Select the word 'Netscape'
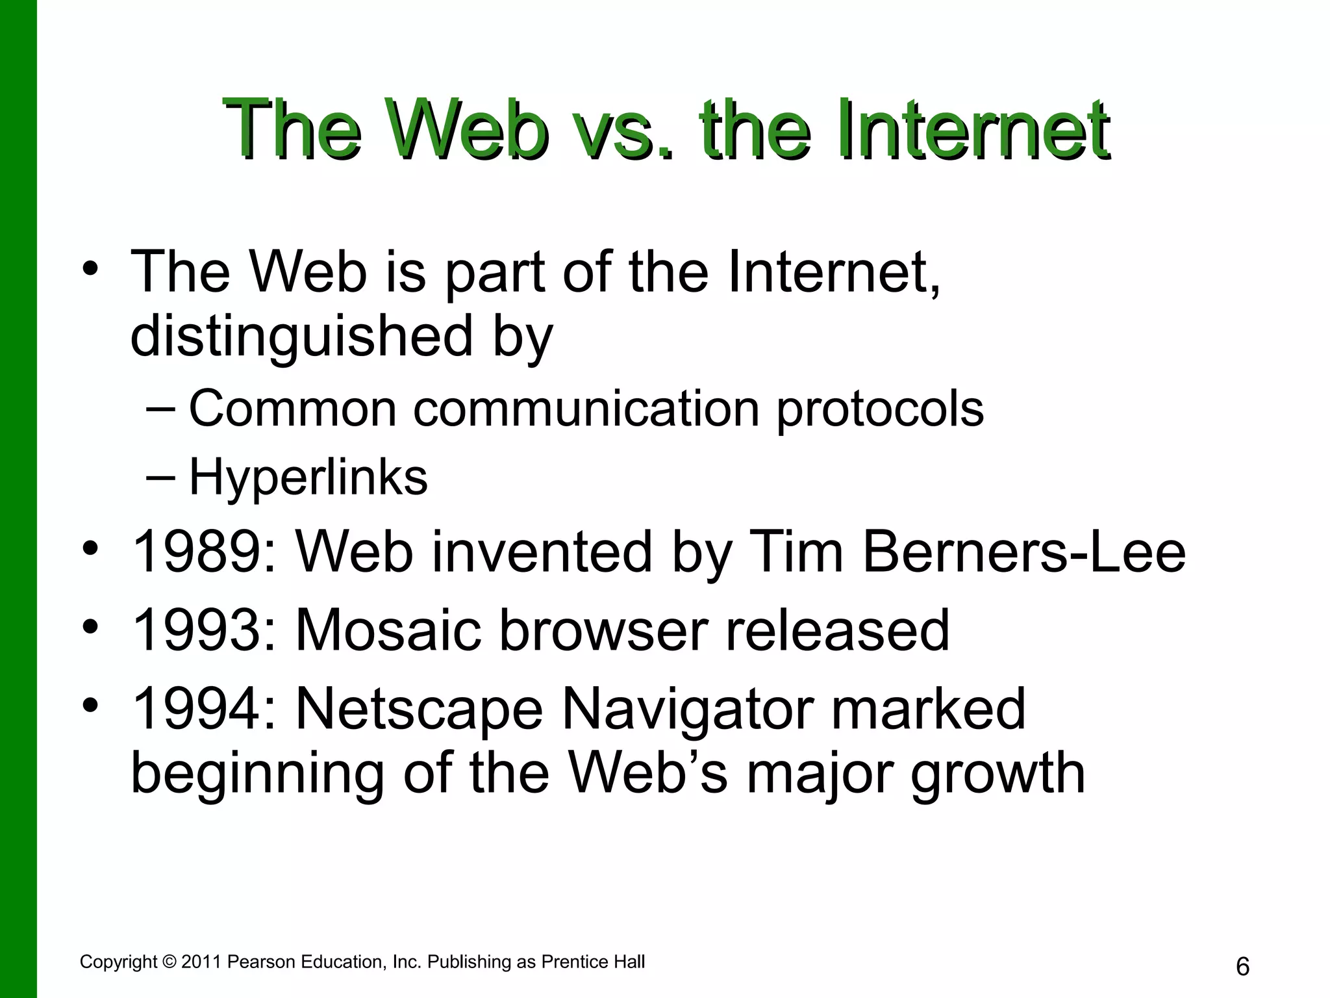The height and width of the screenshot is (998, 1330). [419, 710]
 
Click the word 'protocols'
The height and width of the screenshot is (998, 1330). [880, 410]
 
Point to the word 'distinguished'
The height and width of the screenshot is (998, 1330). [302, 337]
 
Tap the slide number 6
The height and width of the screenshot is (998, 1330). [1242, 967]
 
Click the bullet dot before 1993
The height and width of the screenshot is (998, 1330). [91, 627]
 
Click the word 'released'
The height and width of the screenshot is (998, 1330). [837, 630]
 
